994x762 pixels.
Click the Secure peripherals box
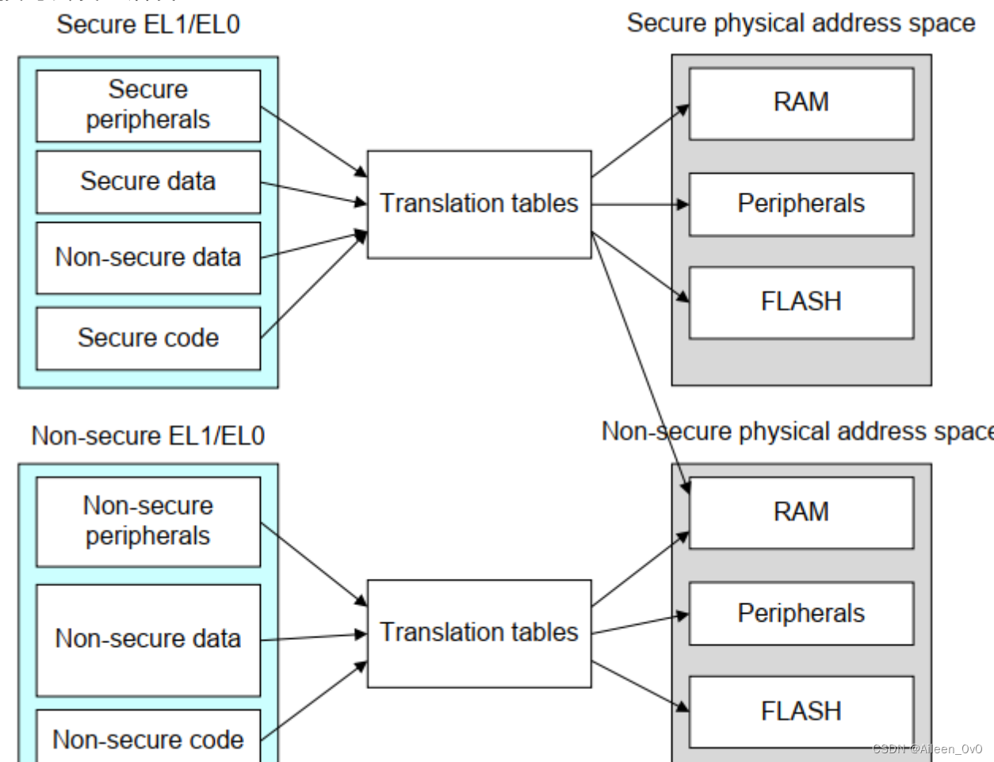pyautogui.click(x=148, y=105)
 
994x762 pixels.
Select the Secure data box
pyautogui.click(x=148, y=182)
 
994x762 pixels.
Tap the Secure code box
pyautogui.click(x=148, y=338)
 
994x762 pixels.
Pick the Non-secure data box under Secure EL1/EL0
pyautogui.click(x=148, y=258)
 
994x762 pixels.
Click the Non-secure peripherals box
pyautogui.click(x=148, y=521)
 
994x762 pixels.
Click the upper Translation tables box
pyautogui.click(x=479, y=204)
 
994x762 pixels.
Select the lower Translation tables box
pyautogui.click(x=479, y=633)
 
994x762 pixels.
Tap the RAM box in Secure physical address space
pyautogui.click(x=801, y=103)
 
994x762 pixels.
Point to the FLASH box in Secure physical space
pyautogui.click(x=801, y=302)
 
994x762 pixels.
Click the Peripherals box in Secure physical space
pyautogui.click(x=801, y=204)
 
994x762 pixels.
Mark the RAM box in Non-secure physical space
pyautogui.click(x=801, y=512)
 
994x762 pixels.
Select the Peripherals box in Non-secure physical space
pyautogui.click(x=801, y=614)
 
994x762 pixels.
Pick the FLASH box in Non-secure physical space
pyautogui.click(x=801, y=711)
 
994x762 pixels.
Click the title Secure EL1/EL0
pyautogui.click(x=148, y=25)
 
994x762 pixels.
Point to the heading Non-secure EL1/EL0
pyautogui.click(x=148, y=435)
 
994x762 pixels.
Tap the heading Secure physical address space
pyautogui.click(x=801, y=23)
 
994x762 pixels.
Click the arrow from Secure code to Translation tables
pyautogui.click(x=314, y=284)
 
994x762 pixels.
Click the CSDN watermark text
pyautogui.click(x=927, y=749)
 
